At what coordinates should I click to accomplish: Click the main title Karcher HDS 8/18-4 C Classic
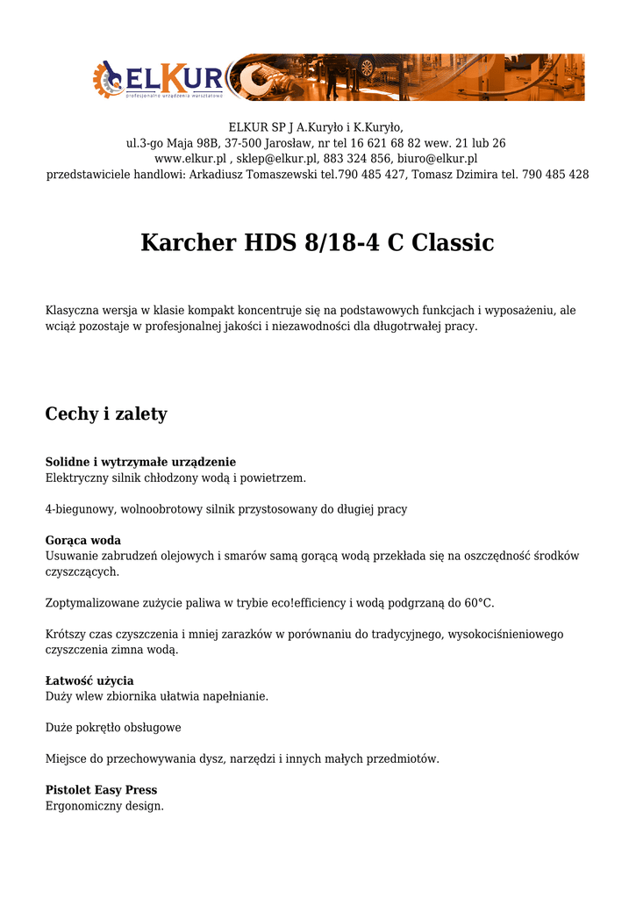(317, 242)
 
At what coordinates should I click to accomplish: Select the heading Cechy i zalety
(106, 414)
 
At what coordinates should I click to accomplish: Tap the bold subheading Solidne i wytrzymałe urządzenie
(140, 462)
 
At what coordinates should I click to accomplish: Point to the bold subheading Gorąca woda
(82, 540)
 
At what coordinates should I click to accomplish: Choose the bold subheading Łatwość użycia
(89, 680)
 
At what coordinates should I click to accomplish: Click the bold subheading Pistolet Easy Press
(101, 790)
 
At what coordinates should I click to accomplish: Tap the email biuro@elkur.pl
(437, 159)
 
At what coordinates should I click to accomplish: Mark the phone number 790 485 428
(555, 175)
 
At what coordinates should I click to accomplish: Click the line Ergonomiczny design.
(104, 806)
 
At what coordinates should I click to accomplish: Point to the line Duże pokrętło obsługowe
(113, 728)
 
